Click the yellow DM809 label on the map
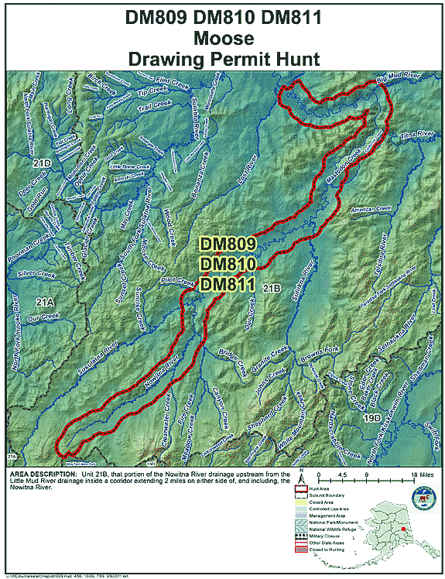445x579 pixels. (x=227, y=244)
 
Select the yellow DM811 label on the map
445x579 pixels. (x=227, y=286)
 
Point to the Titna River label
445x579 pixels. (x=419, y=135)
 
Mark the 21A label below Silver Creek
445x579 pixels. (x=44, y=300)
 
